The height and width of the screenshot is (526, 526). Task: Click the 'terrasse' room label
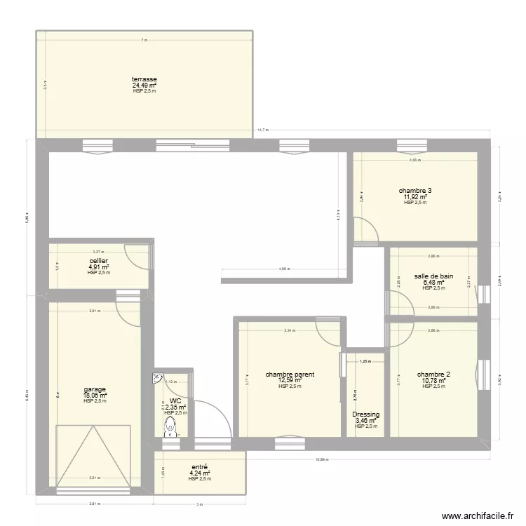coord(144,79)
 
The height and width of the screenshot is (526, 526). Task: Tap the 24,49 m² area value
coord(144,86)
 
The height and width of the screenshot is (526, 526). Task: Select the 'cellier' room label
coord(98,260)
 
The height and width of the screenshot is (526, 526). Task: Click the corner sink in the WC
coord(158,378)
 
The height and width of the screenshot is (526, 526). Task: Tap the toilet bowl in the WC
coord(170,433)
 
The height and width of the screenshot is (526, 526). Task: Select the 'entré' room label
coord(199,466)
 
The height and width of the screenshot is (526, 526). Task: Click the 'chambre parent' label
coord(289,375)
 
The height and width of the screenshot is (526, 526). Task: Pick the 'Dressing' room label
coord(365,414)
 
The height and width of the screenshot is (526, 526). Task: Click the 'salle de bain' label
coord(433,276)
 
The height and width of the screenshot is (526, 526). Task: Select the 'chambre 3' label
coord(414,191)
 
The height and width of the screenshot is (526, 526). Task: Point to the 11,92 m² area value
coord(414,197)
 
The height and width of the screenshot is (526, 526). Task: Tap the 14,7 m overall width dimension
coord(262,130)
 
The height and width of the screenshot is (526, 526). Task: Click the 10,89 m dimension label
coord(322,459)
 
